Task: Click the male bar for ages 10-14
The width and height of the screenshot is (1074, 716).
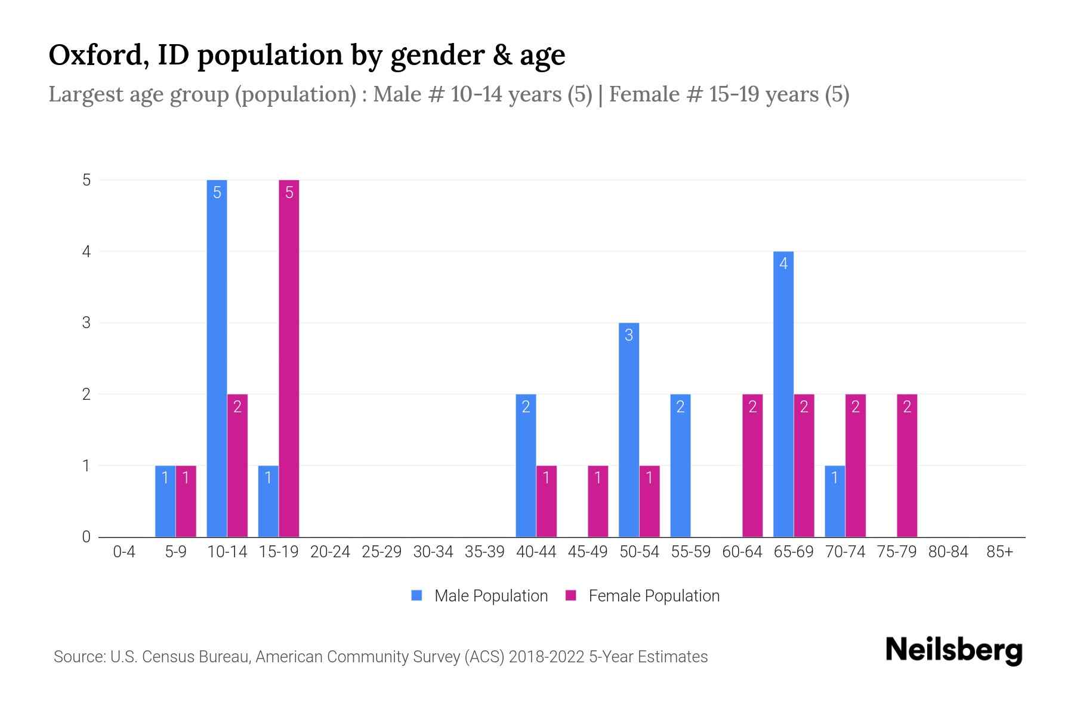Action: pos(217,358)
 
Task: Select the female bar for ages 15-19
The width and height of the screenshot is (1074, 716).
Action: pos(289,358)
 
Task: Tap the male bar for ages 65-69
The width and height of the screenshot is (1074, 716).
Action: pos(783,394)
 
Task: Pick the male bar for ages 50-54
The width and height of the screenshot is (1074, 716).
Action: pos(629,430)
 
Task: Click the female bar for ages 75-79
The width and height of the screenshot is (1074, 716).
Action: pos(907,465)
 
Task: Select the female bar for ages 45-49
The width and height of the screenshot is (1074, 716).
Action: pos(598,501)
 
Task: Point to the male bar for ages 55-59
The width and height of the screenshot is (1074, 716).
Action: pos(680,465)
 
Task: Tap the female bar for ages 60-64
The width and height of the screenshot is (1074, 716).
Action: pos(752,465)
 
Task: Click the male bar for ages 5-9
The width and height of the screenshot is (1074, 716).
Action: pos(165,501)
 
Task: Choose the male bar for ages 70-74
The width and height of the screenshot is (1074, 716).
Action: pos(835,501)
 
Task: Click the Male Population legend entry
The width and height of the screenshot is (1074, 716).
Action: pos(480,595)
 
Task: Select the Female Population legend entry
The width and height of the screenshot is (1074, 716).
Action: pos(643,595)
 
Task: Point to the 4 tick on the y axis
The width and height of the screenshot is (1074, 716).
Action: pos(87,252)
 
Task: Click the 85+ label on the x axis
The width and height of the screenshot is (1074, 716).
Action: pos(999,552)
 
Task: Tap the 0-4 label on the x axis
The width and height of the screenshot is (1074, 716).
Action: pos(124,552)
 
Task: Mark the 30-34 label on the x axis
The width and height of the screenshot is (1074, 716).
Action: pos(433,552)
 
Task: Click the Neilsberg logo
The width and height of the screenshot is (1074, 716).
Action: pos(953,650)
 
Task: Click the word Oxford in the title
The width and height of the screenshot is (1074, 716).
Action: pos(98,55)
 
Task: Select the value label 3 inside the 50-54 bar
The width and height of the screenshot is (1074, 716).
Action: pos(629,335)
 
